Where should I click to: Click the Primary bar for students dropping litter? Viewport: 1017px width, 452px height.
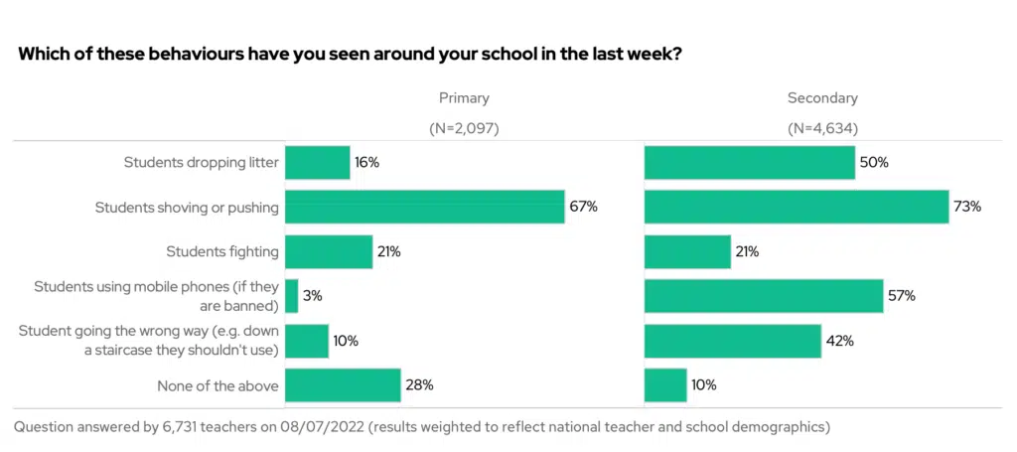coord(317,163)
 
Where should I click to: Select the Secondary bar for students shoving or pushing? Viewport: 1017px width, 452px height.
coord(797,207)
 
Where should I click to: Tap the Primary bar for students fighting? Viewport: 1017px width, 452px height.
coord(328,251)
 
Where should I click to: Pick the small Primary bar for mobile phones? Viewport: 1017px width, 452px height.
coord(291,296)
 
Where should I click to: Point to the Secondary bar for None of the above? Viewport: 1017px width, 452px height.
coord(665,384)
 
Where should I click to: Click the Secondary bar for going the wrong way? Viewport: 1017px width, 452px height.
coord(732,340)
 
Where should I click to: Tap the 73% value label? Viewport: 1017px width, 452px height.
coord(967,207)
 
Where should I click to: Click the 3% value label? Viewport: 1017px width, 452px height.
coord(313,296)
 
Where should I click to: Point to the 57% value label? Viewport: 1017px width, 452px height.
coord(902,296)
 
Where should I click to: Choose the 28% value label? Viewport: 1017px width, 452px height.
coord(419,384)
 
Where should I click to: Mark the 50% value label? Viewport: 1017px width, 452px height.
coord(874,163)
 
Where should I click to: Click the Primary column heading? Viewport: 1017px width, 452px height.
coord(464,98)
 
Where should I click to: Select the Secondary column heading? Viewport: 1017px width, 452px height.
coord(822,98)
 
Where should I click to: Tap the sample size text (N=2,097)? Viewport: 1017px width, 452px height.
coord(464,129)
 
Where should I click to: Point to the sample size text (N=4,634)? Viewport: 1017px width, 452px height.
coord(822,129)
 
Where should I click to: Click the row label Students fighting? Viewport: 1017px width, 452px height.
coord(222,251)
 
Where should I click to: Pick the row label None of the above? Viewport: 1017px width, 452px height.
coord(218,384)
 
